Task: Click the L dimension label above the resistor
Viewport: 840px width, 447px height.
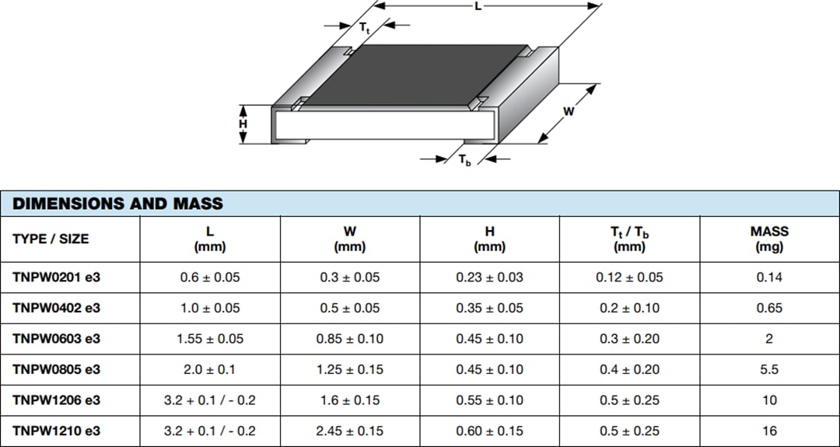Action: point(478,6)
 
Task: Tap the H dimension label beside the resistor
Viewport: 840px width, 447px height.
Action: point(243,124)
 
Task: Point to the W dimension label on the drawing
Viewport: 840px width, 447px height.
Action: point(569,112)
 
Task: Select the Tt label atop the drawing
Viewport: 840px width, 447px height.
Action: point(364,27)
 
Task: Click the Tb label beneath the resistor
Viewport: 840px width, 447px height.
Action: point(464,161)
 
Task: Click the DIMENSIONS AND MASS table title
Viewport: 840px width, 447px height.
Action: point(118,204)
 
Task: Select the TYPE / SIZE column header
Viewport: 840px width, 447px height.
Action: point(51,239)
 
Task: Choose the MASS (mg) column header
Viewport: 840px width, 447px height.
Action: point(768,239)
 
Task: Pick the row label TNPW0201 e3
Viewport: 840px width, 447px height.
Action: point(56,278)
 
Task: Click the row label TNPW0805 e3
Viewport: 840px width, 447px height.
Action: point(56,369)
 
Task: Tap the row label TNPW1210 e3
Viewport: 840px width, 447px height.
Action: point(56,431)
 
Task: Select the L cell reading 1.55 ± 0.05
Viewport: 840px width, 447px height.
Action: point(210,339)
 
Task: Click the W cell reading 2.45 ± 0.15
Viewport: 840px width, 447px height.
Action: point(350,431)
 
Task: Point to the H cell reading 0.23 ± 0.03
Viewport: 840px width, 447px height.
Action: point(489,278)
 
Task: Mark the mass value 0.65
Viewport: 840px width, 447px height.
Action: point(768,308)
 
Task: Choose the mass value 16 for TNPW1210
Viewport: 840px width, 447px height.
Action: point(768,431)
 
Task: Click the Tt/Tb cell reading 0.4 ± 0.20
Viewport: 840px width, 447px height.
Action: point(628,369)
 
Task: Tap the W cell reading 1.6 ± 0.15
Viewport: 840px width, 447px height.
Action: point(350,400)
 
